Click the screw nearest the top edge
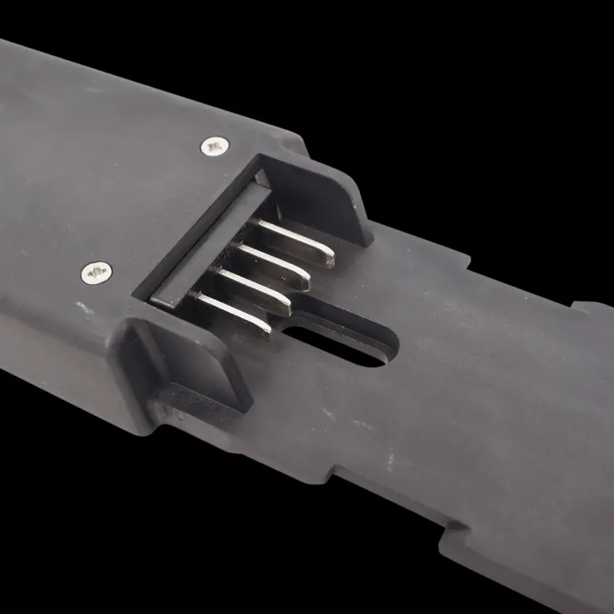215,145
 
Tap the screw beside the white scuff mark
96,273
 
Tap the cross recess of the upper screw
215,145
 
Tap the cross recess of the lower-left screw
96,273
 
